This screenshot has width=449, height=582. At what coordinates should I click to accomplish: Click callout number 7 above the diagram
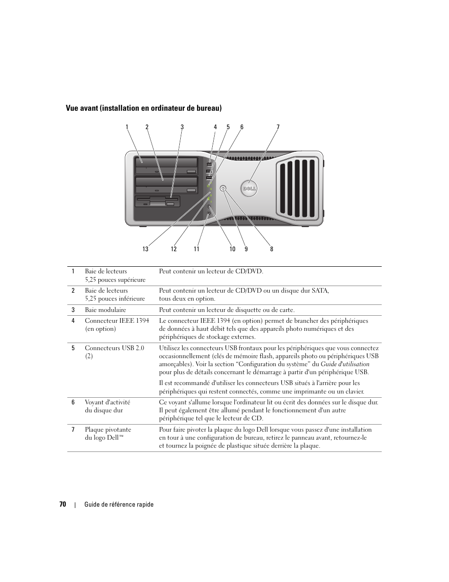278,127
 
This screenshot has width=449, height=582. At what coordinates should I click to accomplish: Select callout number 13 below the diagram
145,249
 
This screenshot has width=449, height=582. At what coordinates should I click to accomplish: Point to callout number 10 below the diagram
233,249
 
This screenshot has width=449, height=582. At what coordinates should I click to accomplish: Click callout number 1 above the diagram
127,127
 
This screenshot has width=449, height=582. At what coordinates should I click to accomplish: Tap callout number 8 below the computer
272,249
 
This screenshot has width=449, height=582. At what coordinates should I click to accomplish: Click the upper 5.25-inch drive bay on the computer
166,166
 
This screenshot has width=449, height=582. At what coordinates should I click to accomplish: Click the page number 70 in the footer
63,504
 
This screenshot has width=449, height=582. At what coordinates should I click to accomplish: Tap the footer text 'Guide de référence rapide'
119,504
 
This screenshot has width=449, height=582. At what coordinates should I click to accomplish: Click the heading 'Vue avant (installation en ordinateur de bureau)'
144,108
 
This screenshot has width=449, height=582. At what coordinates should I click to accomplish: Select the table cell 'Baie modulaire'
105,310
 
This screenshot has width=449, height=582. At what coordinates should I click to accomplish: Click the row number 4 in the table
73,320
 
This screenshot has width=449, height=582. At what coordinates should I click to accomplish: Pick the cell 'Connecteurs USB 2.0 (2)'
114,352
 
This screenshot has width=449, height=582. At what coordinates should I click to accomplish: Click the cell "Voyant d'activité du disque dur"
107,406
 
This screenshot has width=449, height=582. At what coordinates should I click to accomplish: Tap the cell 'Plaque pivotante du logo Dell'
108,433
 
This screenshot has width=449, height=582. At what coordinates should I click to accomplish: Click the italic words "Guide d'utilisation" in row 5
345,364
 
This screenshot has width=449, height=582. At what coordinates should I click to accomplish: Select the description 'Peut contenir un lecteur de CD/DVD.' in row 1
211,271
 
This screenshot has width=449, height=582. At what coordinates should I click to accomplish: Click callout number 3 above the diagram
182,127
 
